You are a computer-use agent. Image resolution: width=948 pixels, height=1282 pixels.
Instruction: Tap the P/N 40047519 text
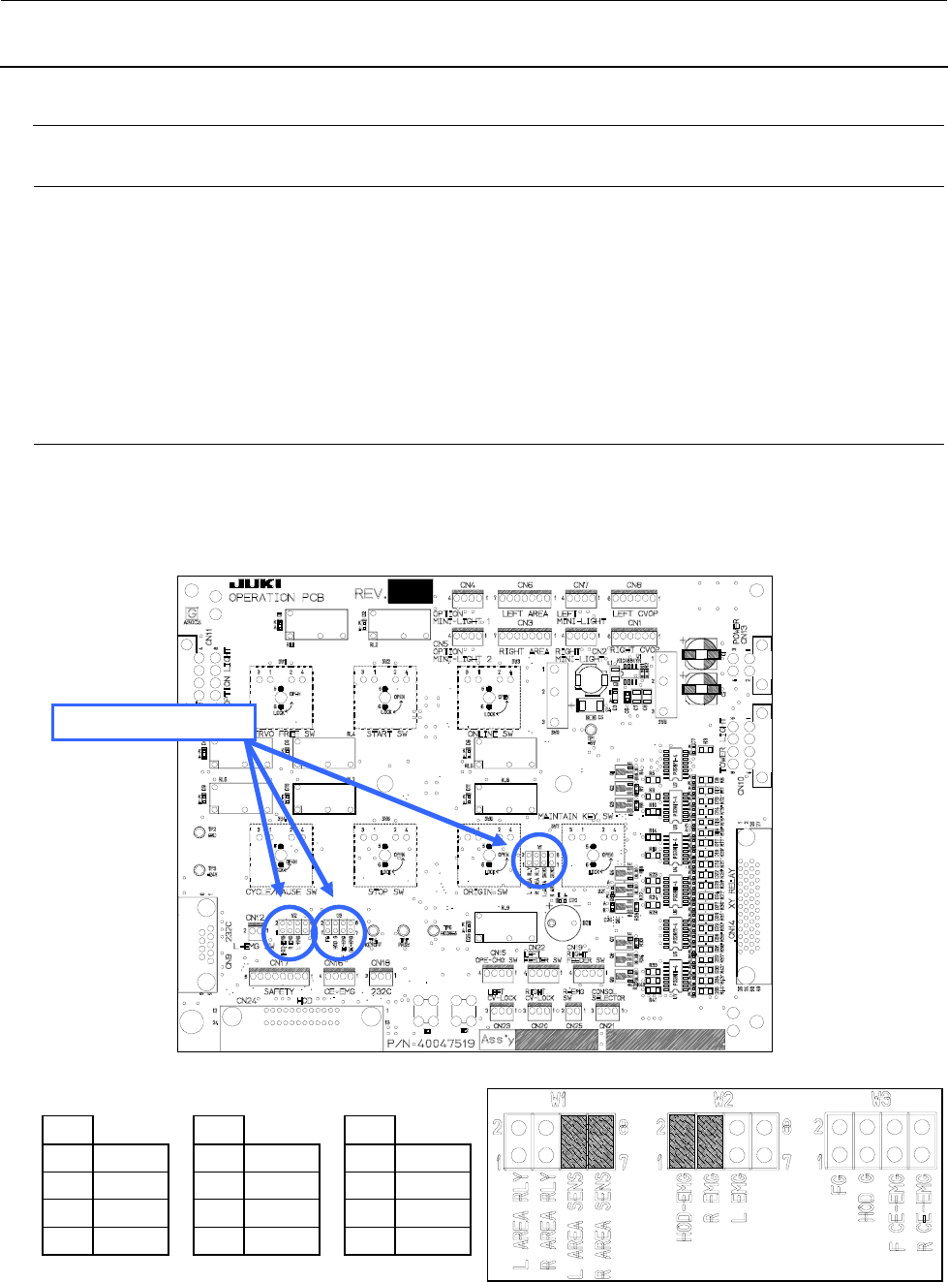tap(430, 1043)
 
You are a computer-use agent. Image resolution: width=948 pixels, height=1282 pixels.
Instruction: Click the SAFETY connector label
tap(279, 990)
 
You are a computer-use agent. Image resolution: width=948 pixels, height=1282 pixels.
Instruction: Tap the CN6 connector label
tap(525, 585)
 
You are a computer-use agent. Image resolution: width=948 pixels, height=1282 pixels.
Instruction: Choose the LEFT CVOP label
tap(634, 613)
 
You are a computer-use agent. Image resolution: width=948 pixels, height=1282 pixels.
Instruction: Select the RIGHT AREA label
tap(524, 651)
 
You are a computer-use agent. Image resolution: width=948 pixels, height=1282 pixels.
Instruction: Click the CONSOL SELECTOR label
tap(607, 996)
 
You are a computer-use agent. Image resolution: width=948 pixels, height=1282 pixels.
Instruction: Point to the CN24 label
tap(247, 1000)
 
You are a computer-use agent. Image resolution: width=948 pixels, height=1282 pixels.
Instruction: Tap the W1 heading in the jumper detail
tap(557, 1099)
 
